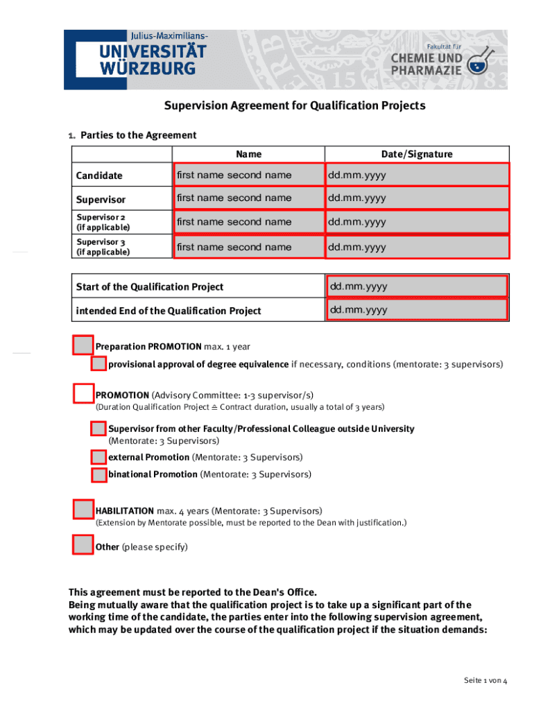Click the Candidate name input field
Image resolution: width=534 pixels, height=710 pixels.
[248, 175]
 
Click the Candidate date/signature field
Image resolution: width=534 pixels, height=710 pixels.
[417, 175]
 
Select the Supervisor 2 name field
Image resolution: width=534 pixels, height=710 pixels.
[248, 222]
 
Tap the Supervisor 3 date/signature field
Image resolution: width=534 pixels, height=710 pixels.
[417, 247]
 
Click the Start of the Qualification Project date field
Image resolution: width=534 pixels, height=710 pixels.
[417, 286]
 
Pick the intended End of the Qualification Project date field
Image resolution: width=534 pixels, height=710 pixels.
[417, 310]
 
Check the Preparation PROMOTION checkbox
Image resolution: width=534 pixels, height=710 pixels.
[83, 345]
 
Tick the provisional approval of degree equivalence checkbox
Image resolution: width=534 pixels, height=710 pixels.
[98, 364]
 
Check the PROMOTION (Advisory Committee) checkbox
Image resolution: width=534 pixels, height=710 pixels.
[83, 394]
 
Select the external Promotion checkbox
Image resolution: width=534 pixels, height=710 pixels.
[98, 457]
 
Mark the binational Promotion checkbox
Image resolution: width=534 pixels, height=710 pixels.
[98, 475]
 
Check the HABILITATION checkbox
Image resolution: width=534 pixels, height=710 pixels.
[83, 510]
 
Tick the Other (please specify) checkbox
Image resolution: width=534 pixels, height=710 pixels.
[83, 545]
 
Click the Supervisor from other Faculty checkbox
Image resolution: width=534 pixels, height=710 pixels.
[98, 428]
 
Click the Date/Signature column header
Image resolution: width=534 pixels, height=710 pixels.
[416, 154]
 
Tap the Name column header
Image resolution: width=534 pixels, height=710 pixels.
[248, 154]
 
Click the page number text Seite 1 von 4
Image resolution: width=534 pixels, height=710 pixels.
[485, 681]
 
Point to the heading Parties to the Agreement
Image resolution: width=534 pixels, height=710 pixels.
[138, 135]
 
